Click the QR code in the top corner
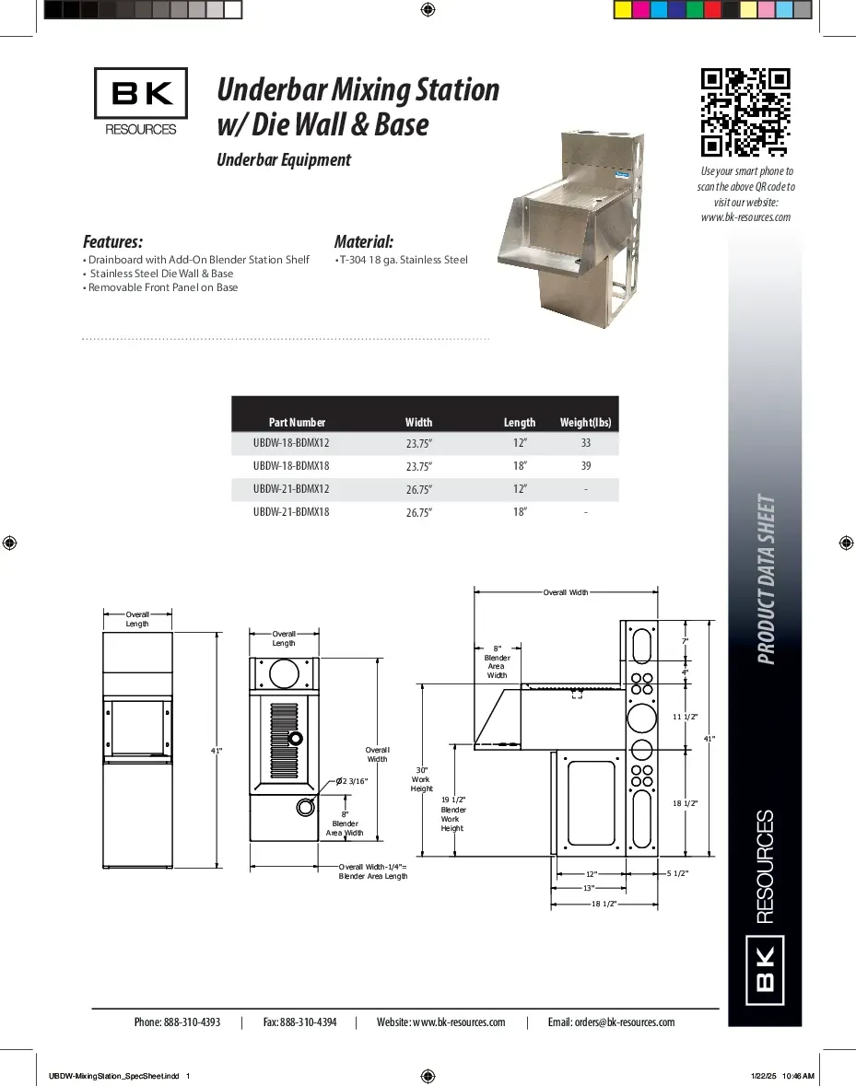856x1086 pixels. pos(745,112)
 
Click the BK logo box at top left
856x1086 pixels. pos(141,93)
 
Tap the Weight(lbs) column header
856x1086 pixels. pos(585,423)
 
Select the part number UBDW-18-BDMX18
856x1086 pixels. pos(291,465)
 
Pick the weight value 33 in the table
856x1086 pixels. pos(586,443)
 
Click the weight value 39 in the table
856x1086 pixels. pos(586,466)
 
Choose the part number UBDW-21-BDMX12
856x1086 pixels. pos(291,488)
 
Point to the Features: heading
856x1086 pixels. pos(113,242)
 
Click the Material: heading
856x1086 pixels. pos(364,242)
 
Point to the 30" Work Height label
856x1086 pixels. pos(422,778)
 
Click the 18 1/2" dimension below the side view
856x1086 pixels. pos(604,904)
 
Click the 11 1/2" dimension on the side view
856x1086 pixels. pos(686,716)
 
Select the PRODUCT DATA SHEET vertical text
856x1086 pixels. pos(766,580)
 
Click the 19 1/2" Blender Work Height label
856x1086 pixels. pos(452,814)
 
